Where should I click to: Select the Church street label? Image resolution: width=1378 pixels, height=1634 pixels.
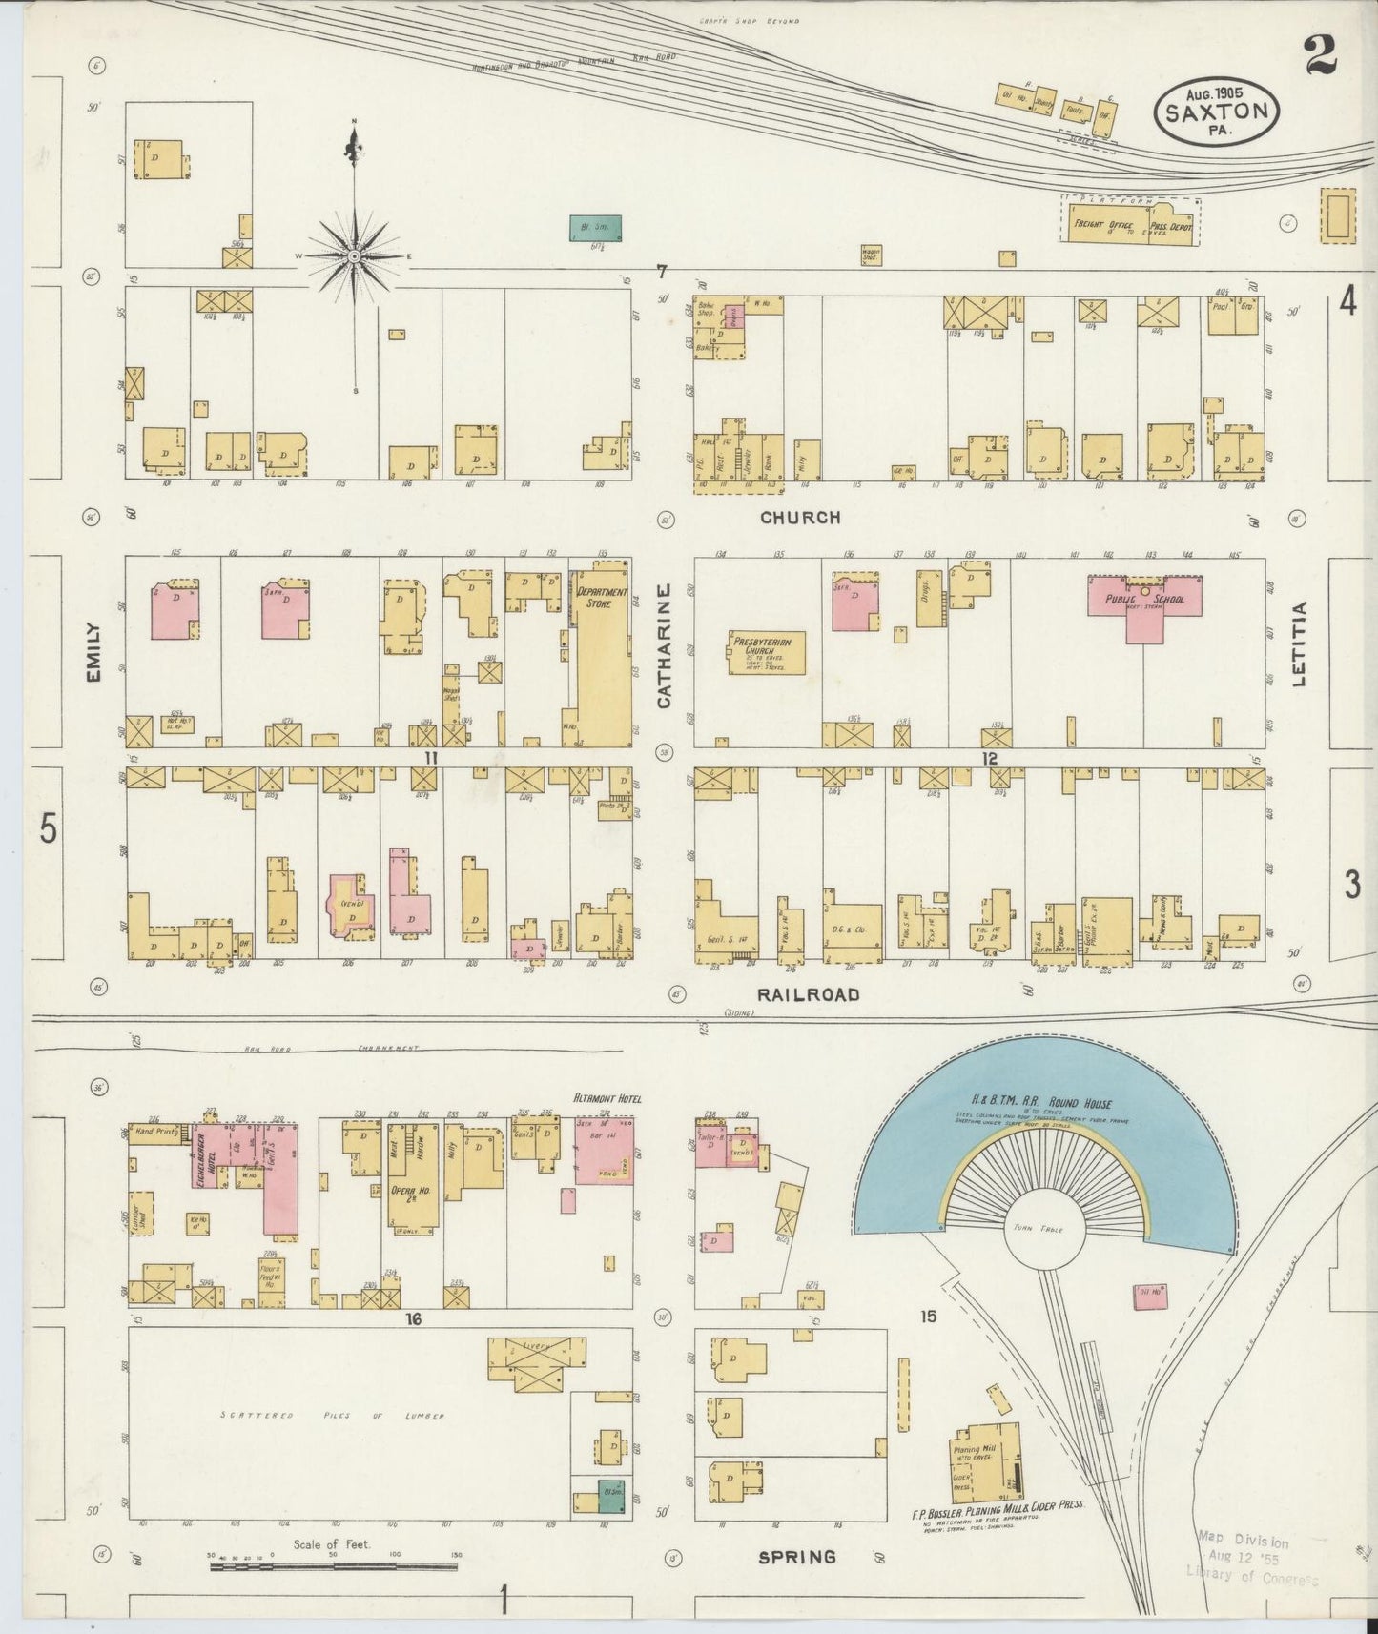800,518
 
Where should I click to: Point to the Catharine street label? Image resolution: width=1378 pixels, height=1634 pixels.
665,645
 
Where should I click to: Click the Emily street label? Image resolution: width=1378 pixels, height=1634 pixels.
93,652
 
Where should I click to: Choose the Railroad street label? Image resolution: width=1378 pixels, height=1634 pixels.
808,994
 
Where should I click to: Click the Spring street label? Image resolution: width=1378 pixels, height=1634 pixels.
796,1557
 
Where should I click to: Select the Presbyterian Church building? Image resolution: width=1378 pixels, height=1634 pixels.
766,653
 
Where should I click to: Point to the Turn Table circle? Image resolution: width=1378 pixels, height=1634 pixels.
1039,1229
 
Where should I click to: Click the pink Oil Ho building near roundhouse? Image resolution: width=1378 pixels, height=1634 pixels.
1150,1294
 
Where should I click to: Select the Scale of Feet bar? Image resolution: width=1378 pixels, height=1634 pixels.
334,1565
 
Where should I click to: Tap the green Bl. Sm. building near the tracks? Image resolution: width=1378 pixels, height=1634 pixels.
599,228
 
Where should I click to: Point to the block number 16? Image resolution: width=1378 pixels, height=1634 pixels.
412,1319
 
